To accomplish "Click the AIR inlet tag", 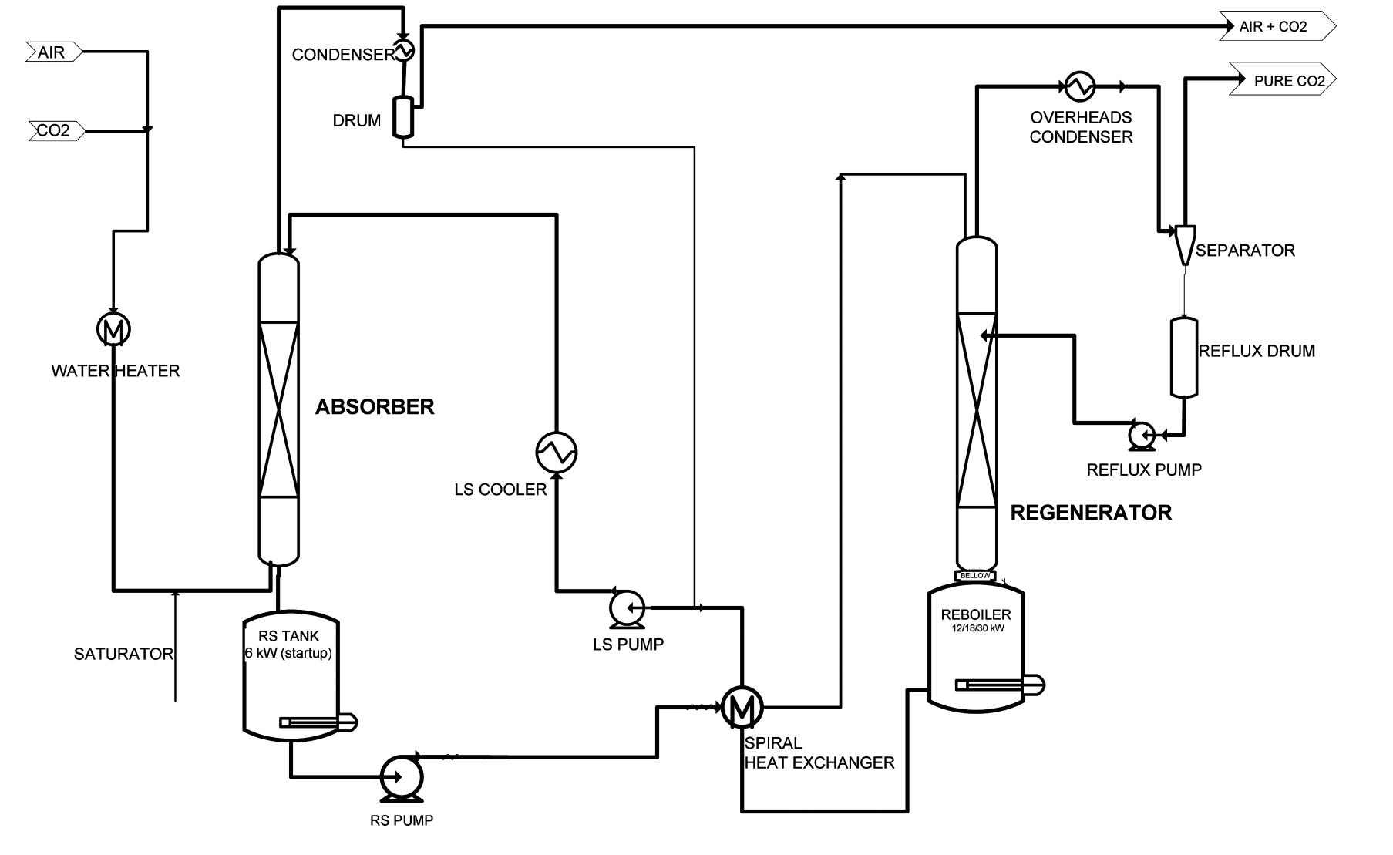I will (x=52, y=52).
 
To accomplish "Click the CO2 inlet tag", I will (x=55, y=130).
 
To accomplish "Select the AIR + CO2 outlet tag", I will (x=1276, y=26).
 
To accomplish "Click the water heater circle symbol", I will (x=113, y=330).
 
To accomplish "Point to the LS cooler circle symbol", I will (x=556, y=452).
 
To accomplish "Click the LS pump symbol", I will (x=624, y=608).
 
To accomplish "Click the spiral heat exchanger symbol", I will (x=742, y=707).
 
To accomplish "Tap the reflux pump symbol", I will (x=1141, y=436).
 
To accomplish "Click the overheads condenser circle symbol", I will (x=1079, y=86).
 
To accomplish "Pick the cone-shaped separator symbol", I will (x=1185, y=244).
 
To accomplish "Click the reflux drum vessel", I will (x=1184, y=357).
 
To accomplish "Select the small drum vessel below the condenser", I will (x=403, y=116).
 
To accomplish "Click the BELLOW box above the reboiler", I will (x=975, y=576).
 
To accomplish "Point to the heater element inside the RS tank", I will (x=316, y=722).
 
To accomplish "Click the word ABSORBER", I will (x=375, y=407).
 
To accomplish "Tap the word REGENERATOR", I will (x=1090, y=513).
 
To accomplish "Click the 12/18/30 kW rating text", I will (x=976, y=628).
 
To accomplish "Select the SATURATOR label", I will (x=123, y=654).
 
